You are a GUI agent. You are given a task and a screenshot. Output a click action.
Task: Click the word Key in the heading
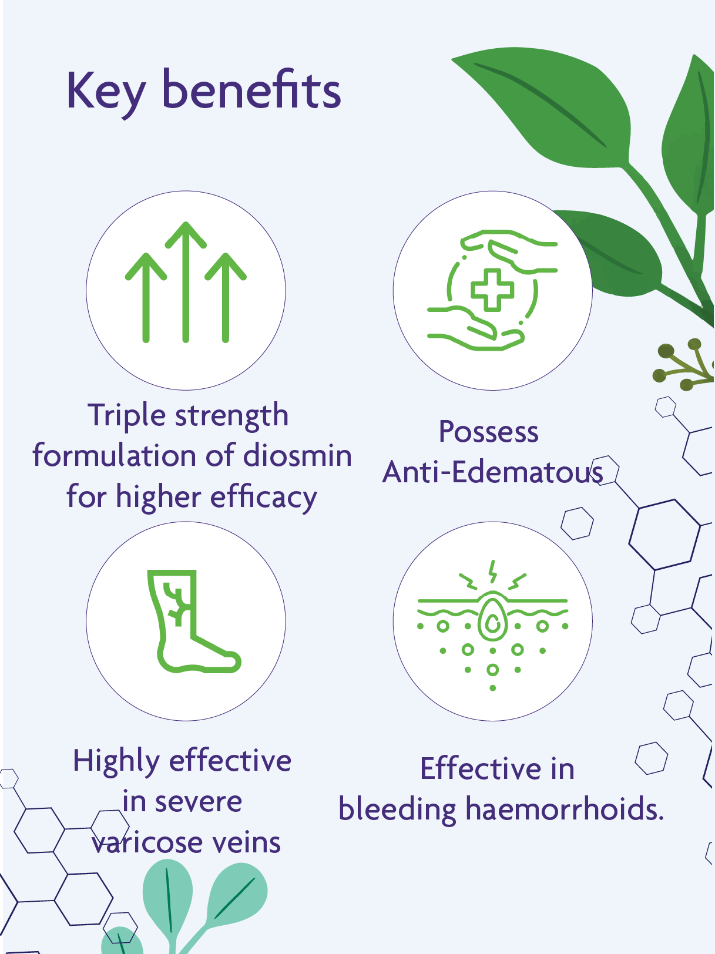click(x=106, y=91)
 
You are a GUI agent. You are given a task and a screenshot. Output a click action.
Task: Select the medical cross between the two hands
click(x=492, y=290)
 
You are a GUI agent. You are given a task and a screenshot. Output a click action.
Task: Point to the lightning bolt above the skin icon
click(x=493, y=570)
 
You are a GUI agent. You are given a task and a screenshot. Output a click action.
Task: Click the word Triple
click(x=127, y=416)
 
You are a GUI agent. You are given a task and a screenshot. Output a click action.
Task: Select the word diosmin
click(x=297, y=456)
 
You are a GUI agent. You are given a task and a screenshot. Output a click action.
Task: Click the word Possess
click(x=488, y=432)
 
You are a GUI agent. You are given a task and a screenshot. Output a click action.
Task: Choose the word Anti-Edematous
click(x=492, y=472)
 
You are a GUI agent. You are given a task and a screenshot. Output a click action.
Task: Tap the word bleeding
click(x=397, y=809)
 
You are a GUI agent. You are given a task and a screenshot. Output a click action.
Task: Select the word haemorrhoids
click(x=564, y=809)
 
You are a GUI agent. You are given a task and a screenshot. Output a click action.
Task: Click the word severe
click(x=198, y=802)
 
